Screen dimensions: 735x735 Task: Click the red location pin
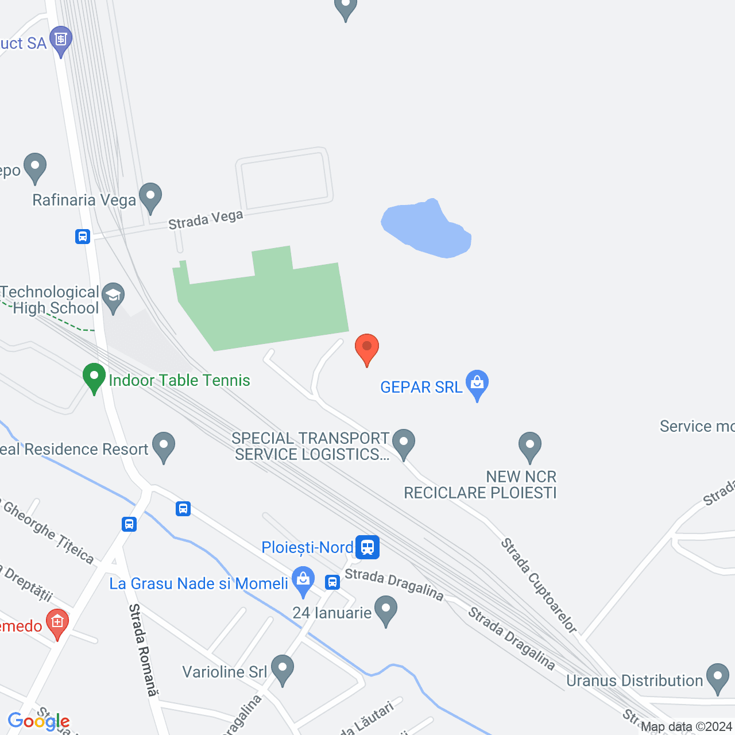point(366,348)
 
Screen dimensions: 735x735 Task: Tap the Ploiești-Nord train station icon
point(367,547)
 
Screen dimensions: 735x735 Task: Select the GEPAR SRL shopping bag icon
point(477,384)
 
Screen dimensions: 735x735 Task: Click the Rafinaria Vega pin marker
point(150,196)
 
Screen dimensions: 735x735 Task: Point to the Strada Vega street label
point(206,220)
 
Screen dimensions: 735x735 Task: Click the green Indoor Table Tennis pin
point(94,378)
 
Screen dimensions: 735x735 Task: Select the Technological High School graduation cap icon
point(113,296)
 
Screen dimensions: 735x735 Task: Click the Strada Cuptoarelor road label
point(539,585)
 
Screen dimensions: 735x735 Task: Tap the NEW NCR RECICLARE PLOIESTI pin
point(530,446)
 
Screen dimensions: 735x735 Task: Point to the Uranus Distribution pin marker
point(717,678)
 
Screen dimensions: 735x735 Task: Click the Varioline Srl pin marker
point(282,669)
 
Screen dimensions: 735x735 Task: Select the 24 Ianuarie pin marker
point(385,610)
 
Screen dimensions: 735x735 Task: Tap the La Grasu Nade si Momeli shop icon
point(303,581)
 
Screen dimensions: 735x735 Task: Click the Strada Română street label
point(142,649)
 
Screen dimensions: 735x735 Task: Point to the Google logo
point(38,721)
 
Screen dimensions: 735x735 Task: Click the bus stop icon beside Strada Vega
point(83,237)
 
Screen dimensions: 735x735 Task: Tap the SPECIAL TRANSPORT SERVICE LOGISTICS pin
point(404,443)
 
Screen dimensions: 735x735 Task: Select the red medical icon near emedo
point(57,622)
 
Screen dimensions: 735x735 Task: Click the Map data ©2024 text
point(687,727)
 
